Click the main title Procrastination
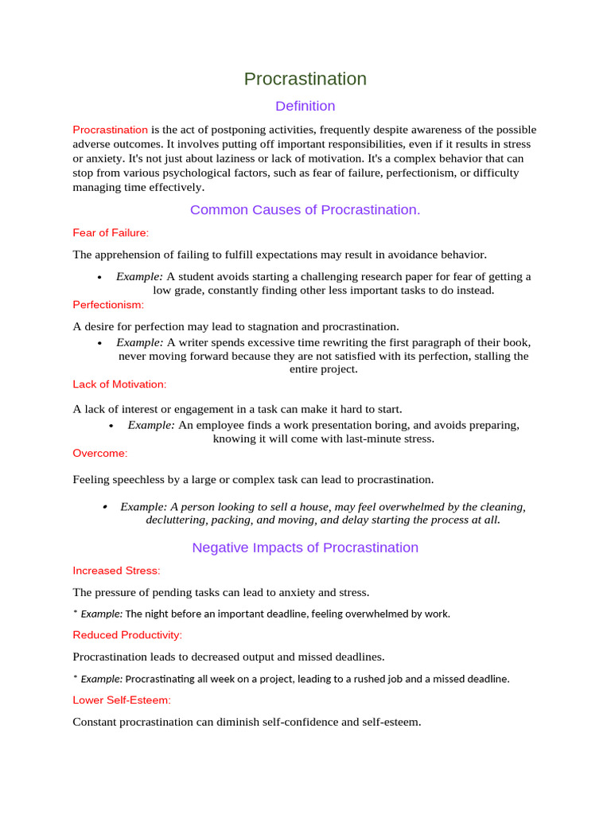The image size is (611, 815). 305,79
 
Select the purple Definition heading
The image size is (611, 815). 305,106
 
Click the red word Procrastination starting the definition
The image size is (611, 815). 110,130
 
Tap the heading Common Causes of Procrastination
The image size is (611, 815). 305,210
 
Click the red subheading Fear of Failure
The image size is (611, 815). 111,233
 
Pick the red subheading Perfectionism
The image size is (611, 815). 108,305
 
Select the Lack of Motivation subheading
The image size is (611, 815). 119,384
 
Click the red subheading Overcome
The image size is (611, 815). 99,453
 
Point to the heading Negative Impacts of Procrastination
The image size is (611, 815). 305,548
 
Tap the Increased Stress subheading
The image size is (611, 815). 116,571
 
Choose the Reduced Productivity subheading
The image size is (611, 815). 127,635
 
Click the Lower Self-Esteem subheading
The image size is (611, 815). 122,700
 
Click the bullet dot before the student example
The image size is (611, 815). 99,277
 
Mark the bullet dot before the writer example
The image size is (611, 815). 99,343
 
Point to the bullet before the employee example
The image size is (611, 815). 111,426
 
